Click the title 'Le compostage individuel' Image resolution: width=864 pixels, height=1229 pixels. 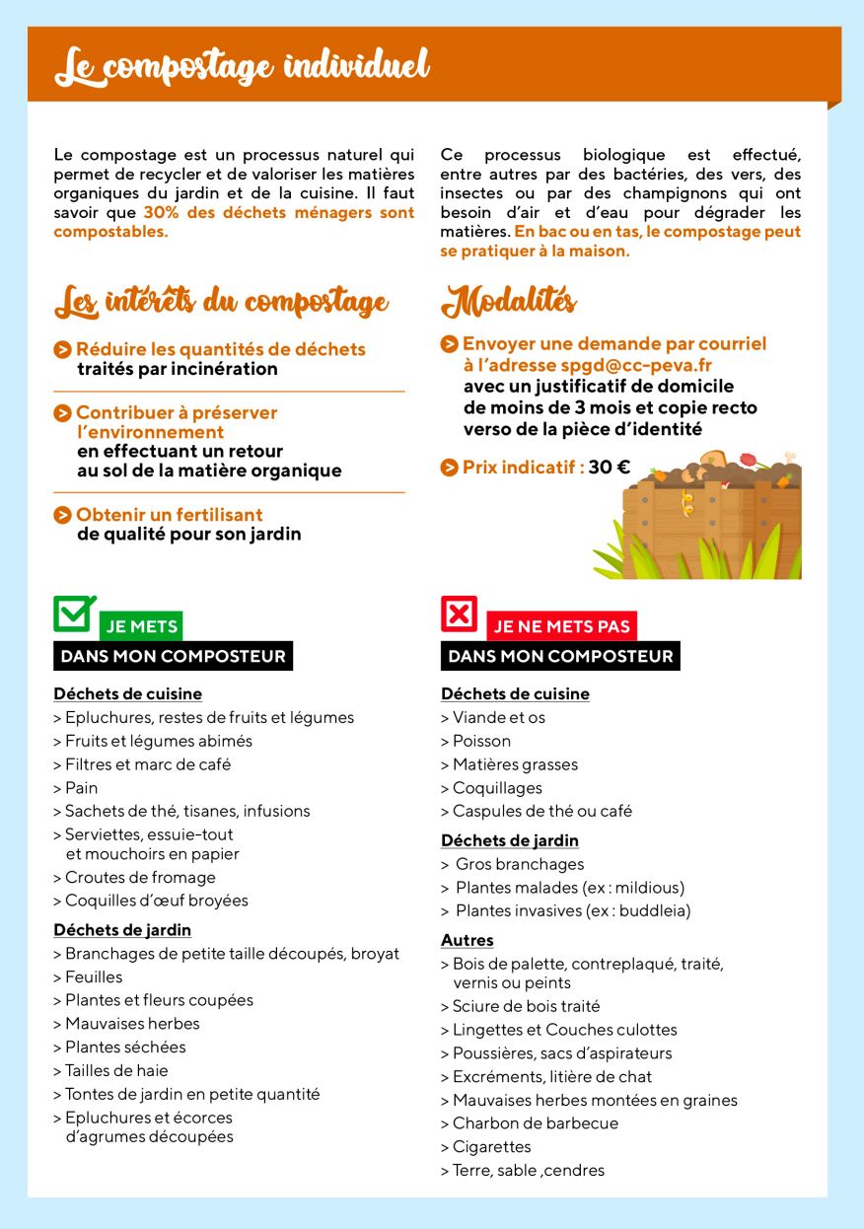tap(242, 67)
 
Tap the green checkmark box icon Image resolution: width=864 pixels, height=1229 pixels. tap(74, 614)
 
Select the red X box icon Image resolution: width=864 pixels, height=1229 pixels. tap(459, 614)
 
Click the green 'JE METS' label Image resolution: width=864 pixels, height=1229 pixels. tap(141, 626)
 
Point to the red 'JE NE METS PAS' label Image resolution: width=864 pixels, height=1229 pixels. tap(561, 626)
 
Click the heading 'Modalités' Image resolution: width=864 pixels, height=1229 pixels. tap(509, 301)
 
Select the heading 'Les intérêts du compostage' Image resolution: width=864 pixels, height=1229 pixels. tap(221, 302)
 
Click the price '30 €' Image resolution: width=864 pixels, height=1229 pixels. tap(609, 467)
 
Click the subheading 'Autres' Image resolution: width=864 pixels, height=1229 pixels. tap(468, 940)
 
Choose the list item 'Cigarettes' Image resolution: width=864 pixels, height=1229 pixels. tap(491, 1146)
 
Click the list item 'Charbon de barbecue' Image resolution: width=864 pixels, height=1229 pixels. tap(535, 1123)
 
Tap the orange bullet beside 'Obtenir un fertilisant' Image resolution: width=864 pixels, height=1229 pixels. tap(63, 515)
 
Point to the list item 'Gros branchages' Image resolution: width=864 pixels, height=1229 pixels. tap(519, 864)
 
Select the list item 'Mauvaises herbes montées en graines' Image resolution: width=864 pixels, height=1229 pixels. tap(594, 1100)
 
